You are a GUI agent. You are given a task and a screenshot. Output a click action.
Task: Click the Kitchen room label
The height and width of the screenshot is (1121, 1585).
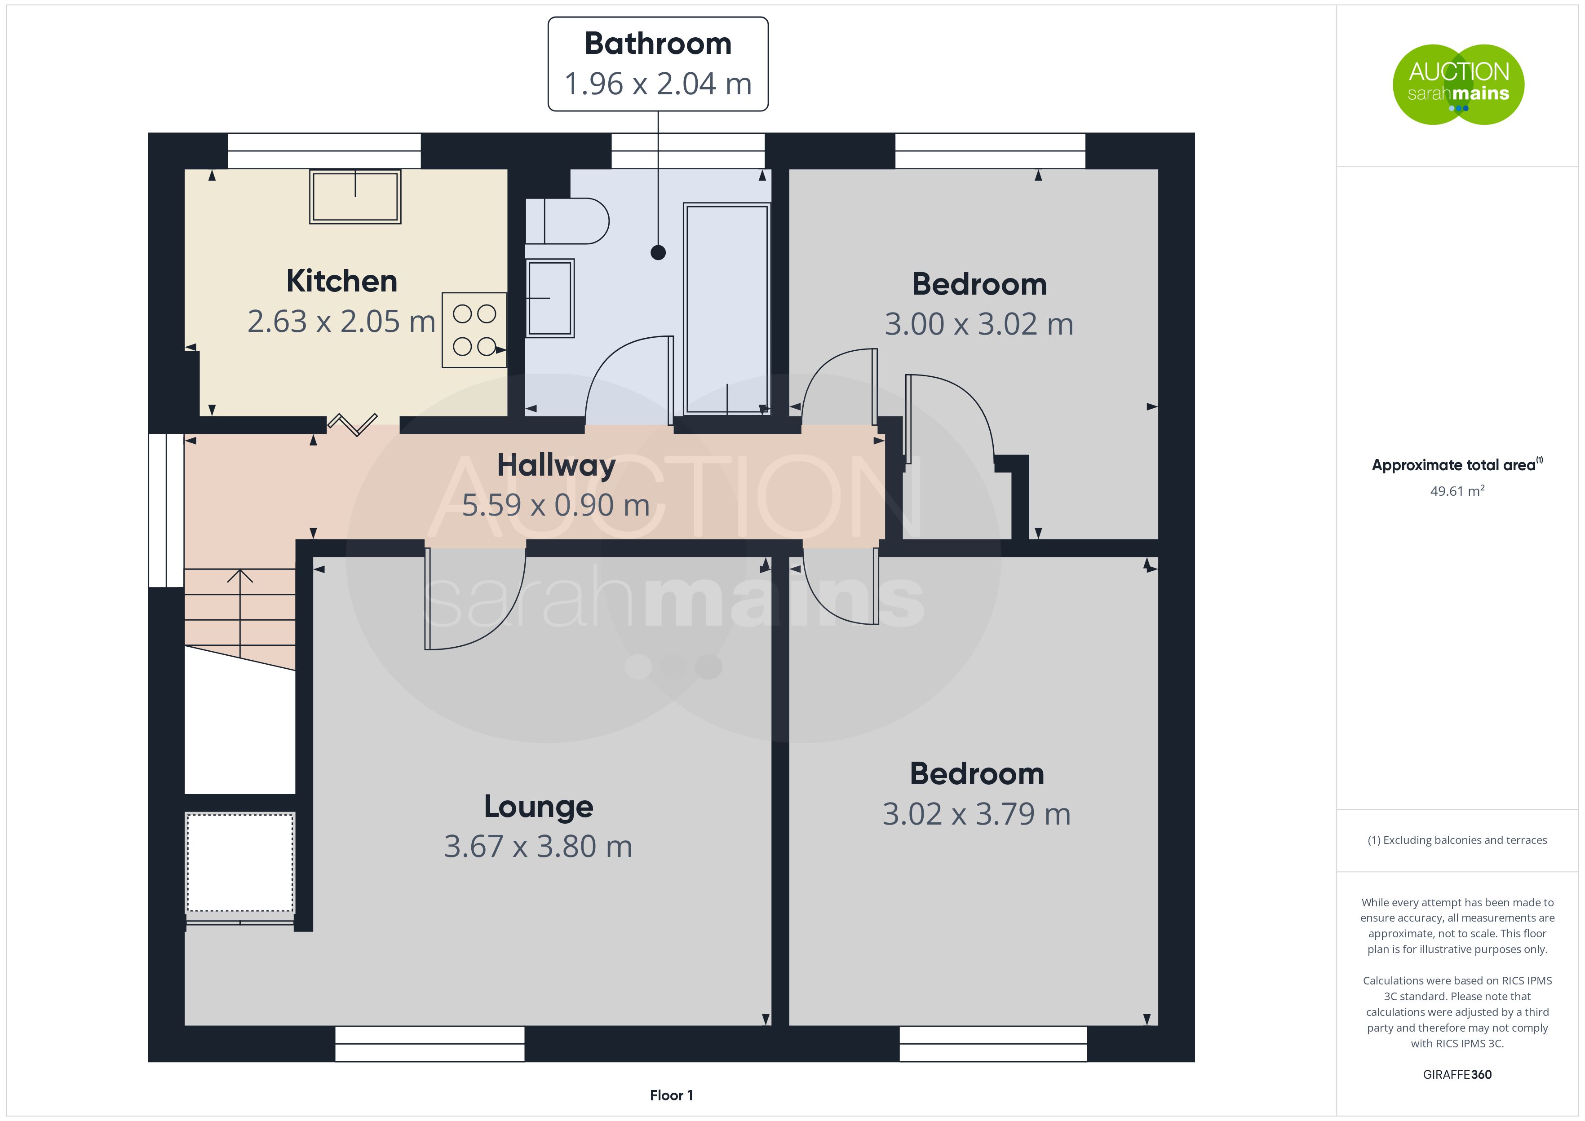click(342, 281)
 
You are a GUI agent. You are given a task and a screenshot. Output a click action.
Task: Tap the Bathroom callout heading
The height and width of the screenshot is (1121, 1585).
click(658, 44)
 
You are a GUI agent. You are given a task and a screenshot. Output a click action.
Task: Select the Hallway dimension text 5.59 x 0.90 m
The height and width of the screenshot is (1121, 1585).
click(556, 505)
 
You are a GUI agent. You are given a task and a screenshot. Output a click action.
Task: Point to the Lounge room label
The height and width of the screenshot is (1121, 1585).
click(539, 806)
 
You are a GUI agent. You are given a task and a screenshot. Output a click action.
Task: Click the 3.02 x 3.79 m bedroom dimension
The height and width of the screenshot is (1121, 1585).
click(976, 814)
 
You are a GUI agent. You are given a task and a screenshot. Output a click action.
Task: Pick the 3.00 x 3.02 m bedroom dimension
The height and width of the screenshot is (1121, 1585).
click(979, 324)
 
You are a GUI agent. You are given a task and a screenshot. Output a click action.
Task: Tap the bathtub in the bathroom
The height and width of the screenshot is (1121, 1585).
click(727, 309)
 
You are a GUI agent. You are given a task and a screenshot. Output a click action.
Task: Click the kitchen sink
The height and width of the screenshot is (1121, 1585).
click(355, 197)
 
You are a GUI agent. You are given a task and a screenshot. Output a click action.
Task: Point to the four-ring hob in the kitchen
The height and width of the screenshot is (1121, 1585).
click(474, 330)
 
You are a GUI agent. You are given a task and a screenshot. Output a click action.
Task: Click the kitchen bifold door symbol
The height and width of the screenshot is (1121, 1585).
click(352, 424)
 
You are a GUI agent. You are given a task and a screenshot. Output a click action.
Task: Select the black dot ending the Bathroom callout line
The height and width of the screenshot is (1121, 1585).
click(658, 253)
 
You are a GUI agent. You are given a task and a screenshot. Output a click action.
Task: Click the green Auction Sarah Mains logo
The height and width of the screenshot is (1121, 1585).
click(1458, 85)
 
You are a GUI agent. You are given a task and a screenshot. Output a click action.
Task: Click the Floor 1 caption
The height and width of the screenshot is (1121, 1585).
click(671, 1095)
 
